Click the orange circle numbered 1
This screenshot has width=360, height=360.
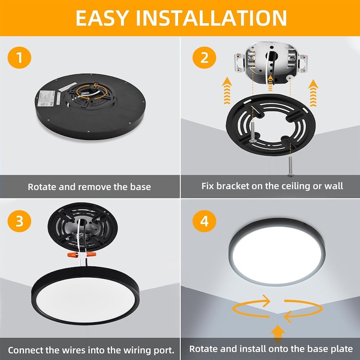coord(19,58)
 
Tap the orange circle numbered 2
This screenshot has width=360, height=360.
coord(204,58)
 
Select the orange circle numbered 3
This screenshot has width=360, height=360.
coord(19,221)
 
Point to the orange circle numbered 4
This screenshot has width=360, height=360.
coord(204,221)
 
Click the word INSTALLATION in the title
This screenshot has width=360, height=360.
coord(211,18)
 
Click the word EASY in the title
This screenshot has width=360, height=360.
coord(102,18)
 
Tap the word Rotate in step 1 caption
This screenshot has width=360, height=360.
coord(42,187)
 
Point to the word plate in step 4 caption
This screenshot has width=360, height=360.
coord(343,349)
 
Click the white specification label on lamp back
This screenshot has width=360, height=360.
coord(47,98)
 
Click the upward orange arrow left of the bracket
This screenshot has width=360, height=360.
coord(227,91)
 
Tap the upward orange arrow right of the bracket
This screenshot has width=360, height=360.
coord(313,93)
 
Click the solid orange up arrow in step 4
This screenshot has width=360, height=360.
coord(278,333)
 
